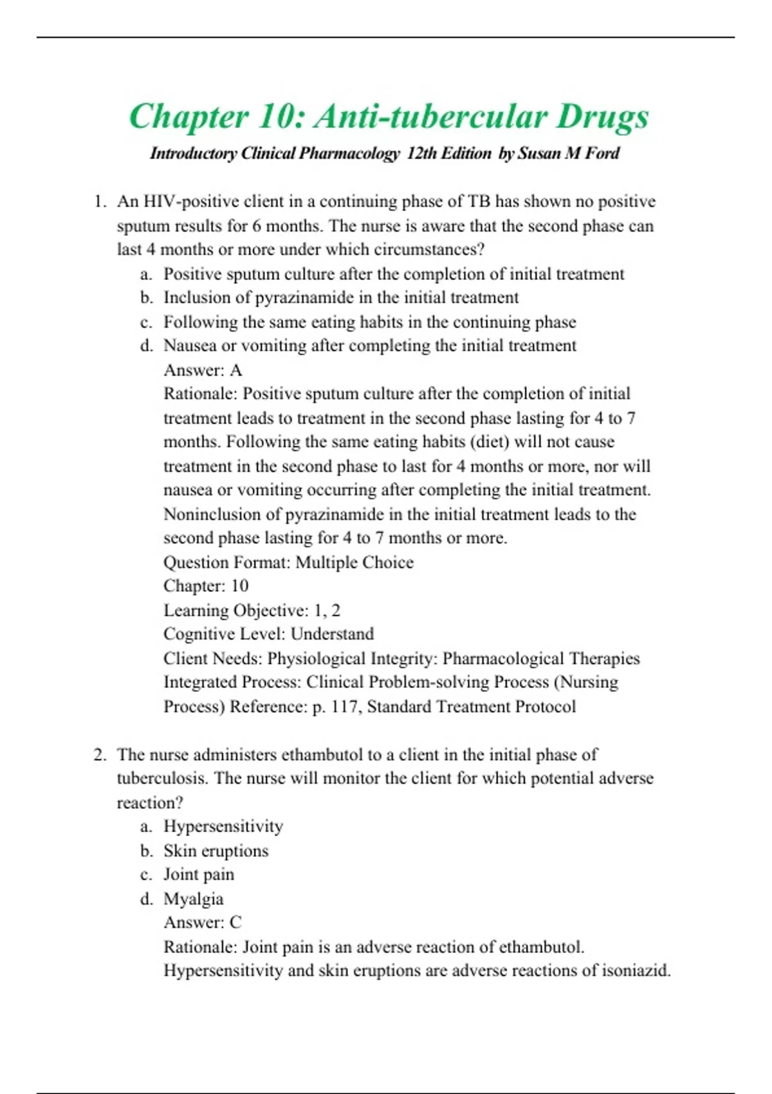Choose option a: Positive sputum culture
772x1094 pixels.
click(393, 274)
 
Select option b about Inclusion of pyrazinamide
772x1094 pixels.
click(340, 298)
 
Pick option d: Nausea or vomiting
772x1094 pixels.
click(369, 346)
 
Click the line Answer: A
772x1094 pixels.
click(203, 370)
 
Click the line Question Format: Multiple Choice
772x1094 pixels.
click(288, 562)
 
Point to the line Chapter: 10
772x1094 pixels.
click(206, 586)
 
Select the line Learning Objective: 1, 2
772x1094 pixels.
click(252, 610)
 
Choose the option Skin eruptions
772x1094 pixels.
click(216, 851)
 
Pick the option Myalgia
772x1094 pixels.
click(193, 899)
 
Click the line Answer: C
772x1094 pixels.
click(203, 923)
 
